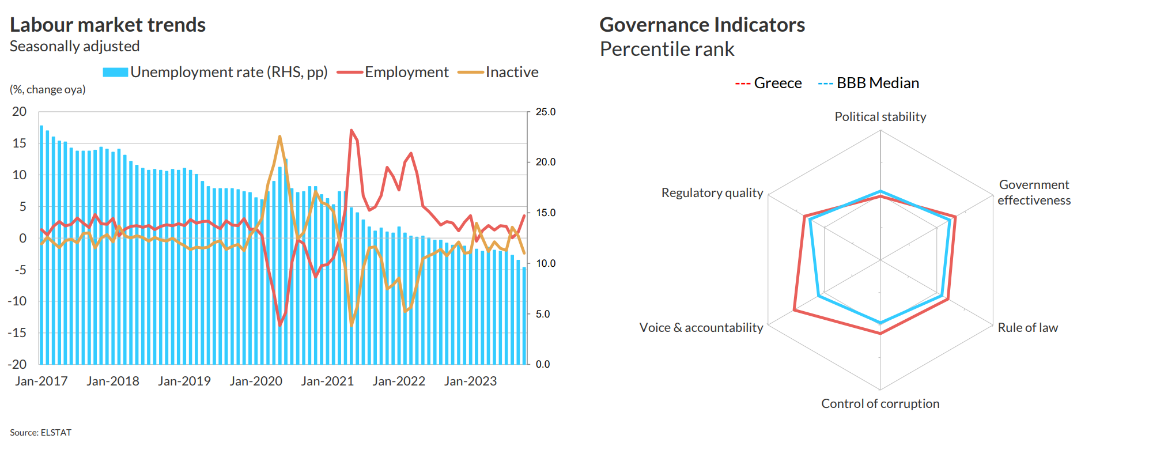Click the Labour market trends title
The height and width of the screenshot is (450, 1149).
(x=108, y=25)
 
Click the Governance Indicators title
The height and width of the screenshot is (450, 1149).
(x=702, y=25)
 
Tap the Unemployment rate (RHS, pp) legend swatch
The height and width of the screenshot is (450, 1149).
(x=115, y=72)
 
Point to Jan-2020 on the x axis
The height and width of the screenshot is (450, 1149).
(x=256, y=381)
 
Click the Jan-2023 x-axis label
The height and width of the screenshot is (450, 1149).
(x=470, y=381)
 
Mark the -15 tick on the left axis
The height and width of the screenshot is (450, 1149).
(x=17, y=332)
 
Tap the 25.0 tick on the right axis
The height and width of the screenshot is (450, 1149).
(x=545, y=112)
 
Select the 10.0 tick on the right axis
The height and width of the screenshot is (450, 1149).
(x=545, y=263)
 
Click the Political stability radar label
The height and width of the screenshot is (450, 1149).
(x=880, y=116)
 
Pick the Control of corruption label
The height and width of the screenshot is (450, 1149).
(x=880, y=403)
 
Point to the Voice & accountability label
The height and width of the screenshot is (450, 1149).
(x=701, y=327)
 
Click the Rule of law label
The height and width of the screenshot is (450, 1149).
(x=1027, y=327)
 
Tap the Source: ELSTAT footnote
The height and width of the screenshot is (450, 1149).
(x=40, y=432)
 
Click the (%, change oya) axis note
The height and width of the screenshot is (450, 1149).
(x=47, y=89)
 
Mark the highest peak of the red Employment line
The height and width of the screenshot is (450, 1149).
(x=351, y=131)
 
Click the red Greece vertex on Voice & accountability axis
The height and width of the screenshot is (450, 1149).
(x=794, y=311)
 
